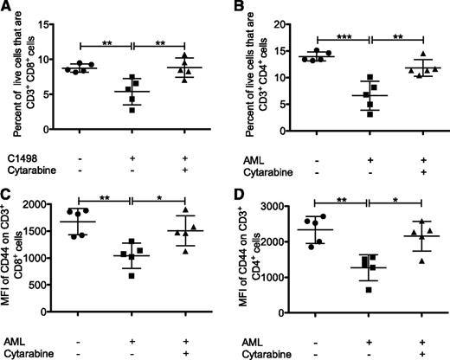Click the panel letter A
[x=7, y=8]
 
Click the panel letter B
[x=234, y=8]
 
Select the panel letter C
[x=7, y=184]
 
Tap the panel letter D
[x=234, y=184]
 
